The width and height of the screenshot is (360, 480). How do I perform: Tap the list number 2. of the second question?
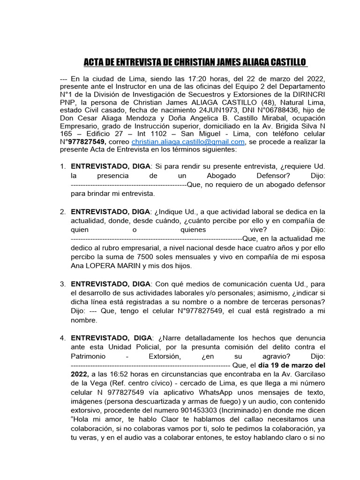(63, 212)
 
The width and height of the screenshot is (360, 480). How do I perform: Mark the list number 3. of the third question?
(63, 285)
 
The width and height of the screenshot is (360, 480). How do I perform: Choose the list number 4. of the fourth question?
(63, 338)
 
